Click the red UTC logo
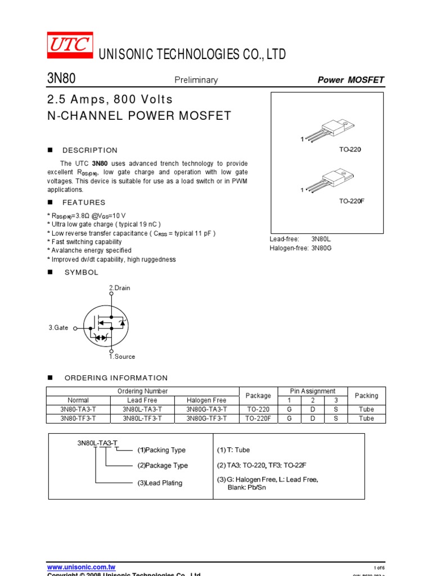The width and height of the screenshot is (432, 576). point(70,46)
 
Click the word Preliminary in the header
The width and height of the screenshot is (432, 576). point(195,80)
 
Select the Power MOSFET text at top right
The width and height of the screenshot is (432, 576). point(350,80)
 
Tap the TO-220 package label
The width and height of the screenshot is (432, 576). point(350,150)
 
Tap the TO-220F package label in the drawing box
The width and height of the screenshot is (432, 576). point(352,201)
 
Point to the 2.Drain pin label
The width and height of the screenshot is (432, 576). point(119,288)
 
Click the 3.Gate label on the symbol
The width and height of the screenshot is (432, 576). point(58,327)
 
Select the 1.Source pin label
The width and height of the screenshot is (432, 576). point(121,357)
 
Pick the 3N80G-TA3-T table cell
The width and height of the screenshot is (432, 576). point(206,409)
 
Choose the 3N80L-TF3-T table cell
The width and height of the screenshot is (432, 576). point(142,418)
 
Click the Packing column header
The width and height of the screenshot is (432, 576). point(366,395)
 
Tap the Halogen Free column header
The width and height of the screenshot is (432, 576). point(206,400)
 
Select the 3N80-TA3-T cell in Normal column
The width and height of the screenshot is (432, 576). point(78,409)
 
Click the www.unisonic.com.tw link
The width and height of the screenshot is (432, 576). point(81,568)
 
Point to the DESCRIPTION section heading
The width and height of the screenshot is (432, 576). point(90,150)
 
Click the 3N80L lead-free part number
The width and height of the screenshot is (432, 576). point(322,239)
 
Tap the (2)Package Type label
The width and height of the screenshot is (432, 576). point(163,466)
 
